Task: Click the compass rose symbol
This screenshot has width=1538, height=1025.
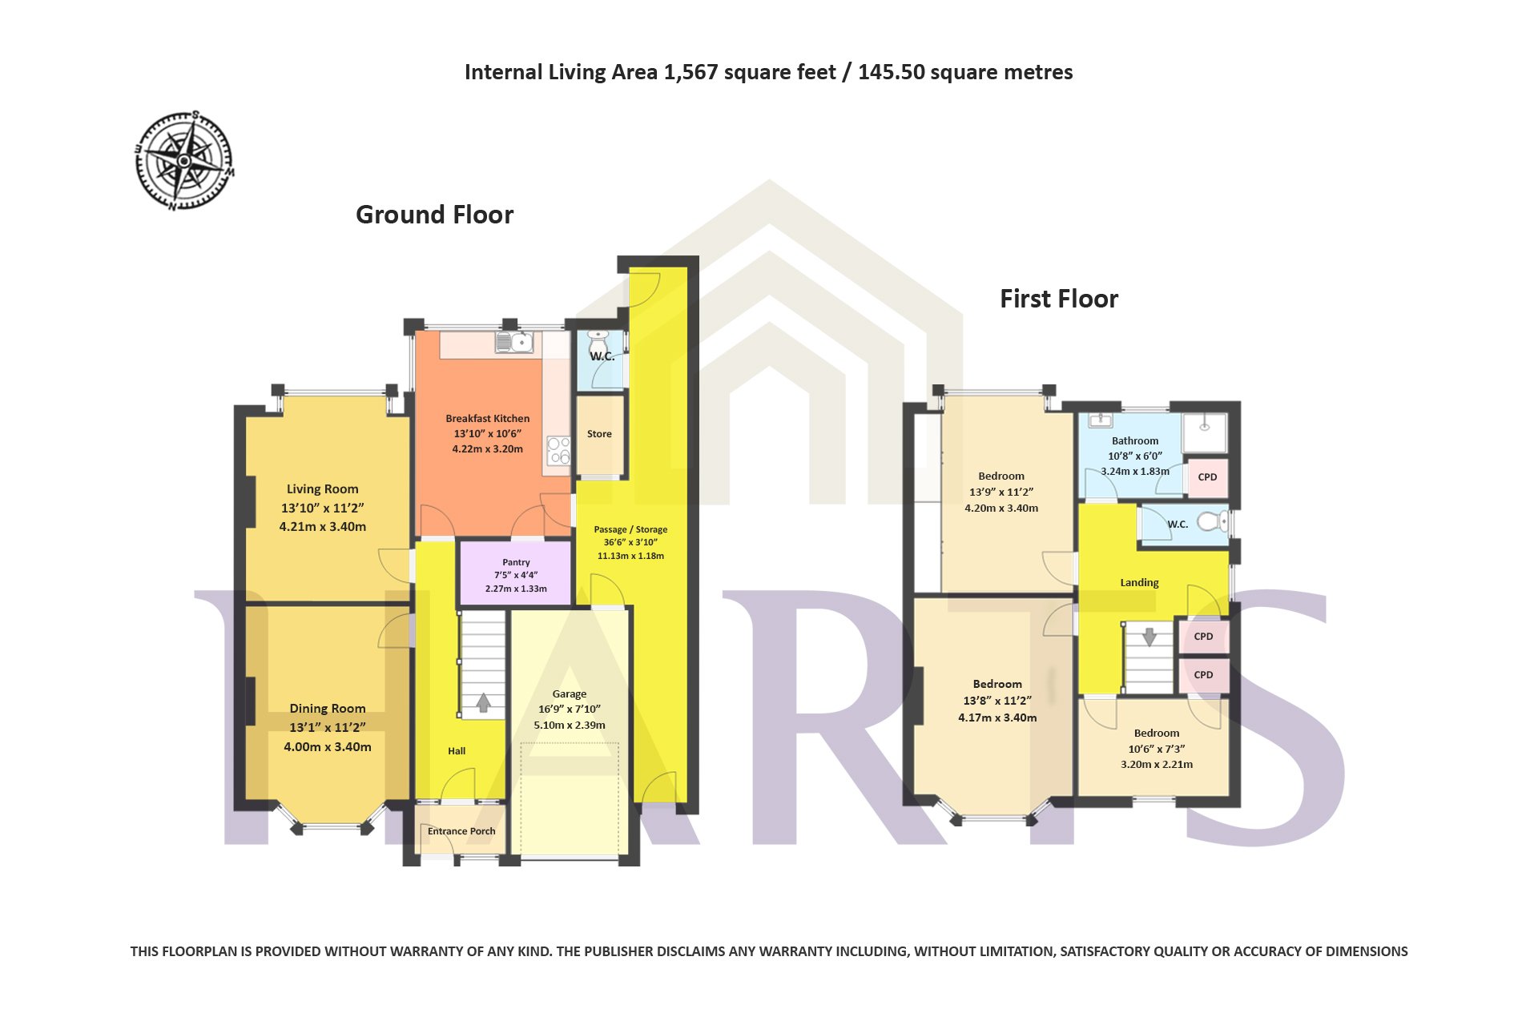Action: tap(185, 161)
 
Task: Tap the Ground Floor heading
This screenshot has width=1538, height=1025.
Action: tap(434, 215)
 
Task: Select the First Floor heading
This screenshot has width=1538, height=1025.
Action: tap(1059, 299)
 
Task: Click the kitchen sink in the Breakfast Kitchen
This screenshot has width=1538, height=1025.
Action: tap(514, 343)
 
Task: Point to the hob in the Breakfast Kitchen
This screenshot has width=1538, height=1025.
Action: tap(558, 451)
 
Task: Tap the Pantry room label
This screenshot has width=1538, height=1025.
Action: tap(516, 562)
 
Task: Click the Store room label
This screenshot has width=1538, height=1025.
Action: tap(599, 434)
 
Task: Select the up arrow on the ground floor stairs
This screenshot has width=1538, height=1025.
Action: tap(483, 702)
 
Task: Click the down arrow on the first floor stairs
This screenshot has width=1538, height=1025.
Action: tap(1149, 637)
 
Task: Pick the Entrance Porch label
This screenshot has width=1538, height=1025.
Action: tap(461, 831)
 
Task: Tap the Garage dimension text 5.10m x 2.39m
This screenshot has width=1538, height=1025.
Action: tap(570, 726)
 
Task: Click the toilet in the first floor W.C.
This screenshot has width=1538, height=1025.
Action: tap(1213, 522)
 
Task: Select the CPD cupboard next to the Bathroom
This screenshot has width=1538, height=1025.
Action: tap(1207, 477)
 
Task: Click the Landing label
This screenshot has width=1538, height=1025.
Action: tap(1139, 583)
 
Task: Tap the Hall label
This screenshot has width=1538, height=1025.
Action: tap(457, 751)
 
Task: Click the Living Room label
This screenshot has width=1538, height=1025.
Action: tap(323, 489)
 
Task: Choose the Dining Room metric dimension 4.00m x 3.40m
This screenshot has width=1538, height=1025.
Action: tap(328, 747)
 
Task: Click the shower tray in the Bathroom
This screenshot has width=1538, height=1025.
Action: tap(1206, 433)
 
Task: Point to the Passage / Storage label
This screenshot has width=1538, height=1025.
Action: tap(630, 529)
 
